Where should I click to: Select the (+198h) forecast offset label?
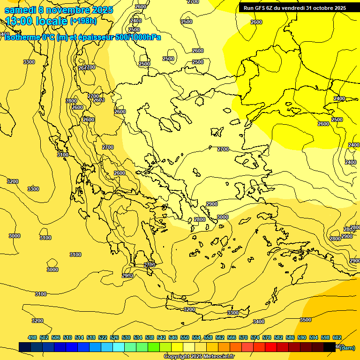[x=83, y=21]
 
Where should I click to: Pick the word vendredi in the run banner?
[x=294, y=8]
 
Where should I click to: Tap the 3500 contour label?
[x=305, y=320]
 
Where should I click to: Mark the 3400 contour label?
[x=258, y=322]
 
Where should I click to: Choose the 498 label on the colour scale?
[x=32, y=337]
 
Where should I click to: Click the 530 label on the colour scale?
[x=126, y=337]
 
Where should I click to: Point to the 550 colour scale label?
[x=185, y=337]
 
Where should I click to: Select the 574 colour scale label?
[x=255, y=337]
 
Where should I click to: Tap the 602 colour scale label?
[x=337, y=337]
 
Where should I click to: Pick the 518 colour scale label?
[x=91, y=337]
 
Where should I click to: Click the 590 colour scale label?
[x=302, y=337]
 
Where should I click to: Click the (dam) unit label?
[x=347, y=348]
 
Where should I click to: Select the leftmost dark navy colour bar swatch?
[x=25, y=347]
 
